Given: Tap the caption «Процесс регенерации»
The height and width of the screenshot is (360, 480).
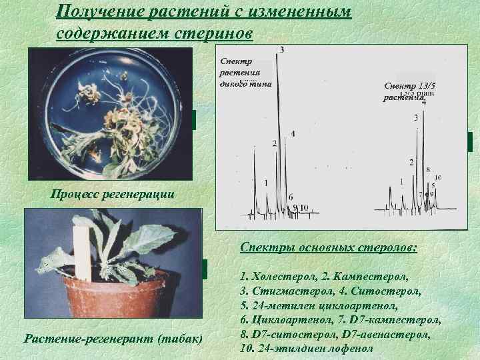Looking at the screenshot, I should pos(113,195).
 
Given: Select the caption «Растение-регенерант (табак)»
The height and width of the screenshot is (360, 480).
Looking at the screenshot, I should pos(113,339).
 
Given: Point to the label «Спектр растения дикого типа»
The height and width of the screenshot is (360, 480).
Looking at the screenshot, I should pos(244,73).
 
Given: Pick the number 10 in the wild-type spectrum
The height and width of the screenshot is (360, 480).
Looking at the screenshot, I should pos(303,207).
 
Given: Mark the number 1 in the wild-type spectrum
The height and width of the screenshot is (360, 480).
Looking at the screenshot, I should pos(266,181).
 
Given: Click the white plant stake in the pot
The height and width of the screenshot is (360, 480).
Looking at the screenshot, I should pos(82,253).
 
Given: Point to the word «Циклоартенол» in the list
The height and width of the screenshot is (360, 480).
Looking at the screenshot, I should pos(288,320).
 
